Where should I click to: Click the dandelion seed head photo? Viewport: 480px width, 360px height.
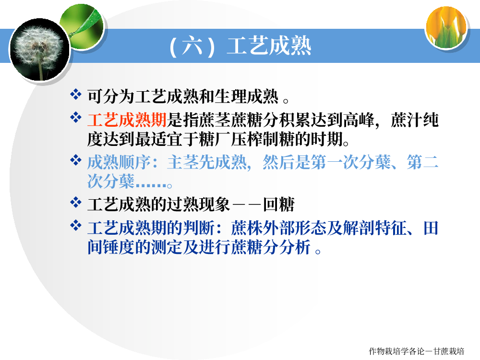[40, 49]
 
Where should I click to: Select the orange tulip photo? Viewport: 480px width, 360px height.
[446, 28]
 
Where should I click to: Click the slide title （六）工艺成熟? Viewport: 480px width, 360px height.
[240, 46]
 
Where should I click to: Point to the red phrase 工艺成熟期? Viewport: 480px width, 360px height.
[127, 120]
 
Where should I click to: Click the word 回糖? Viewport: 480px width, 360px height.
[279, 204]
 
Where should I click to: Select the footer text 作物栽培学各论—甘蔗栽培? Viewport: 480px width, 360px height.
[416, 351]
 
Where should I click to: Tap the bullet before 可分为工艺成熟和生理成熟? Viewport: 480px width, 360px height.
[76, 94]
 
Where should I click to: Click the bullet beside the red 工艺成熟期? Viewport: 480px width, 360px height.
[76, 117]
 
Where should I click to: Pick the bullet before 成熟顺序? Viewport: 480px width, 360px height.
[76, 160]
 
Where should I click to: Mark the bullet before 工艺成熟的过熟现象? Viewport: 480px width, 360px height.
[76, 202]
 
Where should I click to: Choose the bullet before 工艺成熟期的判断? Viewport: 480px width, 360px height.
[76, 226]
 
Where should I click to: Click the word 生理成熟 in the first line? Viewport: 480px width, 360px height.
[247, 96]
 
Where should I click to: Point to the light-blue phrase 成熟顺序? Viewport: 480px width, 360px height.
[119, 162]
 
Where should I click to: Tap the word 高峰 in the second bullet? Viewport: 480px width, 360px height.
[359, 120]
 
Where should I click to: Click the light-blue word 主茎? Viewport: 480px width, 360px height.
[183, 162]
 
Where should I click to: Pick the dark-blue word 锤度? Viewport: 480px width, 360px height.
[119, 247]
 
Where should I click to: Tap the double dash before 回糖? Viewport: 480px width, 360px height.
[246, 205]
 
